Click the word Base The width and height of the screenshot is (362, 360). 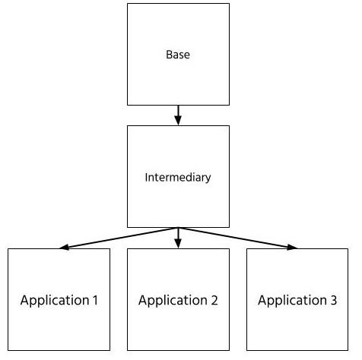pos(178,55)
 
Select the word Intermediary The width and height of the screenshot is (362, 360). pos(178,178)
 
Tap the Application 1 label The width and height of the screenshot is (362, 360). pos(59,301)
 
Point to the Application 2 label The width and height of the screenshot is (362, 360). pos(178,301)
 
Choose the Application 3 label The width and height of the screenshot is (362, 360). pos(297,301)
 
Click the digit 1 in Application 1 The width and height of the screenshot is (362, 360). pos(95,300)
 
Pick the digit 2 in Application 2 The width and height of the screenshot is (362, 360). pos(214,300)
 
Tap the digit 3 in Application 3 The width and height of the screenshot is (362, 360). pos(334,300)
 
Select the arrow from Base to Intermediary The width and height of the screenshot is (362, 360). pos(178,115)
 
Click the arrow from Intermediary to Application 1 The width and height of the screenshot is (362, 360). pos(119,238)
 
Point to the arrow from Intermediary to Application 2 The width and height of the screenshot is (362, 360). pos(178,238)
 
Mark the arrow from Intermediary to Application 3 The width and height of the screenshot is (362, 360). pos(238,238)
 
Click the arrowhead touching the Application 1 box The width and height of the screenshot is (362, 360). pos(64,247)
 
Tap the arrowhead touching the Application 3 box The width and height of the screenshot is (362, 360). pos(292,247)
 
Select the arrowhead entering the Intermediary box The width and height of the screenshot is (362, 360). pos(178,121)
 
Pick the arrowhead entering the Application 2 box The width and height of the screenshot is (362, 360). pos(178,244)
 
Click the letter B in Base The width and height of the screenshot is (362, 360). pos(169,55)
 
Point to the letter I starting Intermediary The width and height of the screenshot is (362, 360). pos(146,177)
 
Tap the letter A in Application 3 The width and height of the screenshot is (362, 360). pos(262,300)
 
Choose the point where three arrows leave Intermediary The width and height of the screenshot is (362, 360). pos(178,228)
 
